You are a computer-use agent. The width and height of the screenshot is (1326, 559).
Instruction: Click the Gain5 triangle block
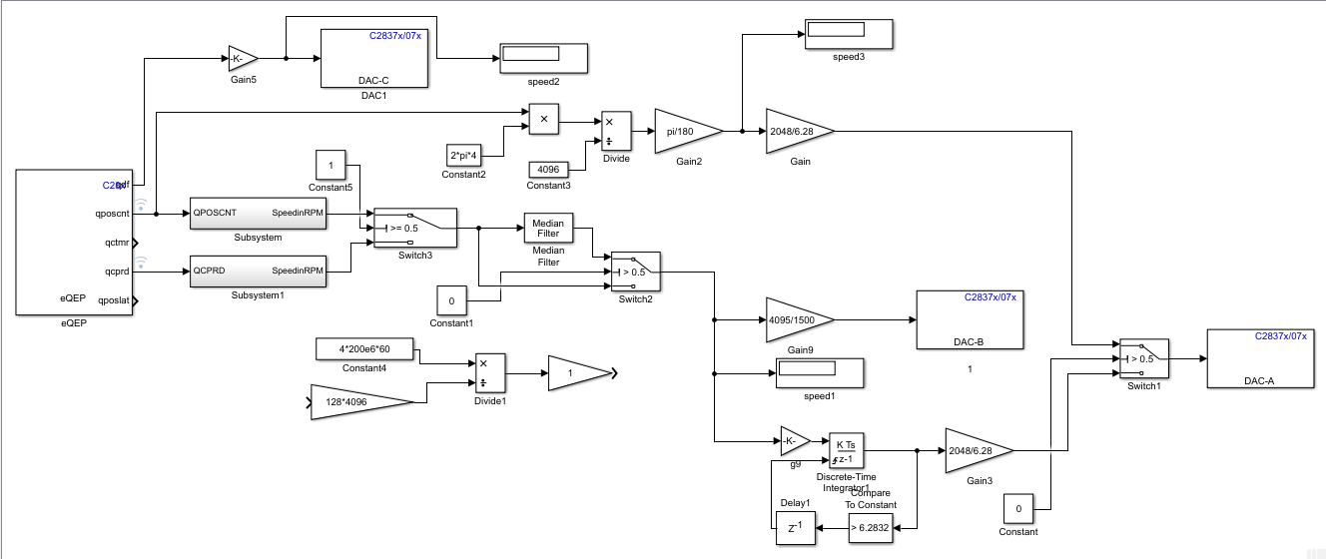(242, 58)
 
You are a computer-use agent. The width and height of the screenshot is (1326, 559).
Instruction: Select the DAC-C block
(373, 59)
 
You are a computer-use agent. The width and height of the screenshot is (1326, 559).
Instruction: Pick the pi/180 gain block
(686, 131)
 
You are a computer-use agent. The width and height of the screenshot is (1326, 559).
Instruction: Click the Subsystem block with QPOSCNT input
(259, 213)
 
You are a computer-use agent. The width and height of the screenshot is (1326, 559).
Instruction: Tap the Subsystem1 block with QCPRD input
(259, 271)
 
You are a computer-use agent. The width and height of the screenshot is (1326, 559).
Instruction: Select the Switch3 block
(413, 229)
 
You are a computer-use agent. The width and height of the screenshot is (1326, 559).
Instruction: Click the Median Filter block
(548, 229)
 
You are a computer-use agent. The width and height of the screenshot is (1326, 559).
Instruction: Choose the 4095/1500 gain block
(797, 320)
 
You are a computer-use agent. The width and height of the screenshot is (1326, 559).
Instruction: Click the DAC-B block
(968, 319)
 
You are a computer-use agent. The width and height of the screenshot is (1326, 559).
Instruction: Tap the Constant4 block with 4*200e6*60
(365, 349)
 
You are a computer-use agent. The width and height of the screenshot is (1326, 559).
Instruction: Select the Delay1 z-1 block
(795, 528)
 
